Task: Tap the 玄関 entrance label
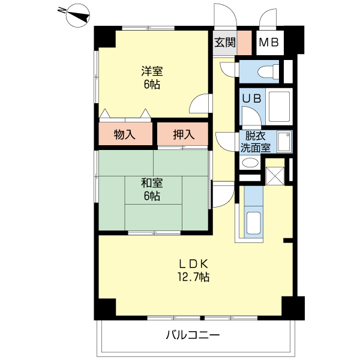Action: pos(225,43)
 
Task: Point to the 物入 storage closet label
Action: pos(124,135)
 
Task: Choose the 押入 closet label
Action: pos(184,135)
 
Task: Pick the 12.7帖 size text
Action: pos(193,277)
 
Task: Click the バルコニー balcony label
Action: pos(193,335)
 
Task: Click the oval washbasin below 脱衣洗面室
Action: pos(250,163)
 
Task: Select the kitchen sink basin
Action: pos(254,224)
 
